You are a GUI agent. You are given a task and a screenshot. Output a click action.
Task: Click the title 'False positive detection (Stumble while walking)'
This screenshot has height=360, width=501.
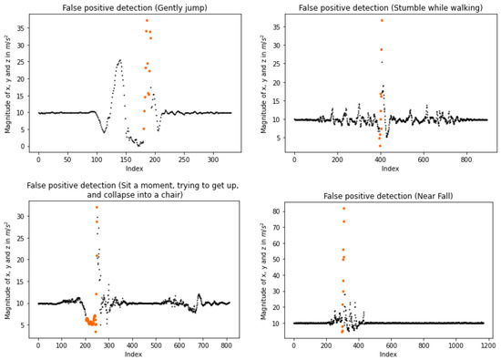(391, 7)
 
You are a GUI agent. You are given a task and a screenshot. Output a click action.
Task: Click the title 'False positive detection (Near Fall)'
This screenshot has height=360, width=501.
(391, 196)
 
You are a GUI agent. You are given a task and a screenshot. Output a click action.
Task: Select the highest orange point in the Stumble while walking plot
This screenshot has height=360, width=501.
(382, 20)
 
